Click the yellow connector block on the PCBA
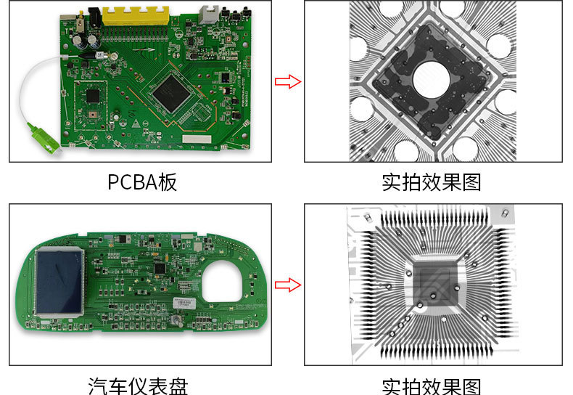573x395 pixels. coord(136,17)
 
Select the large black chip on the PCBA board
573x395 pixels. coord(171,92)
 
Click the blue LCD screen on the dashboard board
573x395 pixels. coord(59,281)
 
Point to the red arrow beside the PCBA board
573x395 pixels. coord(288,81)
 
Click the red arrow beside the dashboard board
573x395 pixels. coord(288,285)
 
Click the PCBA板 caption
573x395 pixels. coord(142,182)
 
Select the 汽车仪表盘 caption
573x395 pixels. coord(138,386)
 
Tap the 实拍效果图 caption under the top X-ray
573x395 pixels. coord(432,182)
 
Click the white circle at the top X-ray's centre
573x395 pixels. coord(432,79)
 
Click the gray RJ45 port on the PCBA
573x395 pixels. coord(208,15)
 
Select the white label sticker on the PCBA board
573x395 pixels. coord(197,139)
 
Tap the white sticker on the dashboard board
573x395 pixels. coord(184,303)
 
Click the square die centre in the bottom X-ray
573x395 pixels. coord(435,283)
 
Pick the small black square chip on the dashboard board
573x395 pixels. coord(160,269)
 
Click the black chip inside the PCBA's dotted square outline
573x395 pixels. coord(93,96)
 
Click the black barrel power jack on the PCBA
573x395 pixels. coord(94,17)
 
